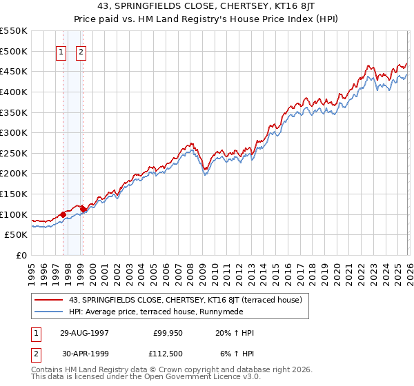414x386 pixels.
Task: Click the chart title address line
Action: pos(206,6)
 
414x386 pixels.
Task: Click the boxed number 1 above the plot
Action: pos(61,52)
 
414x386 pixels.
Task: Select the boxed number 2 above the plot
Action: pos(81,52)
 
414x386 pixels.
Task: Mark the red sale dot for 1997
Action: pos(63,214)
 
